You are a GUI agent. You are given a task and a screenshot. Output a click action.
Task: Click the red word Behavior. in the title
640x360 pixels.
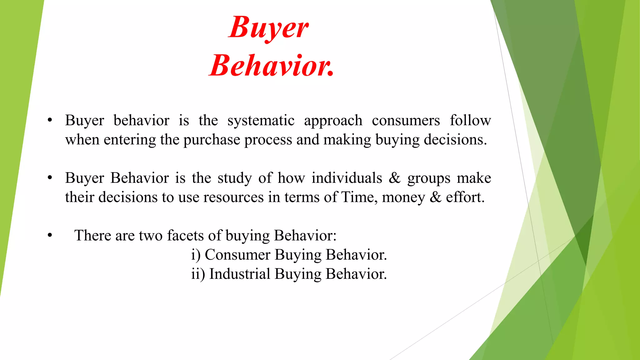click(x=271, y=66)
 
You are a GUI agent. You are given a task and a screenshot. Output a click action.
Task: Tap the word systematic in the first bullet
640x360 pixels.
click(x=261, y=121)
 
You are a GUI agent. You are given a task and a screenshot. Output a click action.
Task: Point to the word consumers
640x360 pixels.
click(x=406, y=121)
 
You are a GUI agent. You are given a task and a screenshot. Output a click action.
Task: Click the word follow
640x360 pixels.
click(x=470, y=120)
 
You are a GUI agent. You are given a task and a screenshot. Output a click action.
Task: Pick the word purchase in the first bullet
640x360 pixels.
click(x=212, y=140)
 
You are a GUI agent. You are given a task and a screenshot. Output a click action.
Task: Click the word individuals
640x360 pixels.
click(x=347, y=178)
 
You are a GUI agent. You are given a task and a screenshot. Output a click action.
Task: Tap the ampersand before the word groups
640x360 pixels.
click(x=394, y=178)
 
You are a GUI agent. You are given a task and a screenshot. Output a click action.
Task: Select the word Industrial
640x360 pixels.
click(x=239, y=274)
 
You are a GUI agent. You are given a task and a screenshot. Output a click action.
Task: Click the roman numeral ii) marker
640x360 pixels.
click(x=198, y=274)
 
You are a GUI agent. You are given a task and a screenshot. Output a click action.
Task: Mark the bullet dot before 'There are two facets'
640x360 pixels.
click(x=50, y=236)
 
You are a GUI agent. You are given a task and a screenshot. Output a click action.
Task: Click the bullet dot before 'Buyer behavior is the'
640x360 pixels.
click(x=50, y=121)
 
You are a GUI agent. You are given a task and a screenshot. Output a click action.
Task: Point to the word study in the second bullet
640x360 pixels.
click(x=234, y=178)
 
